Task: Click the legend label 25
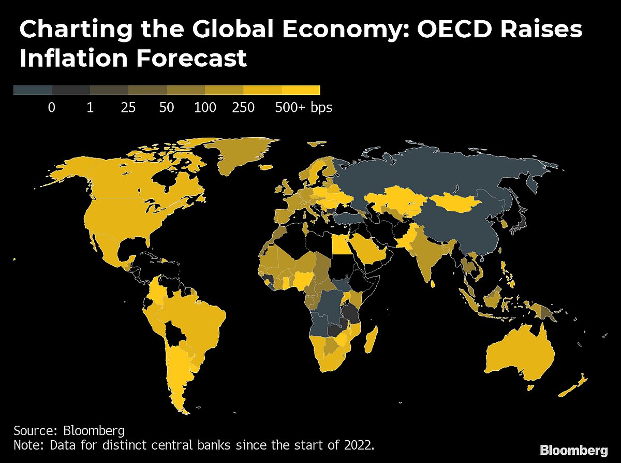point(128,108)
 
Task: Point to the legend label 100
point(205,108)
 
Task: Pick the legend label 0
point(51,108)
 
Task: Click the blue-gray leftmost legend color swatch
point(32,90)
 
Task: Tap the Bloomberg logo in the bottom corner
point(574,449)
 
